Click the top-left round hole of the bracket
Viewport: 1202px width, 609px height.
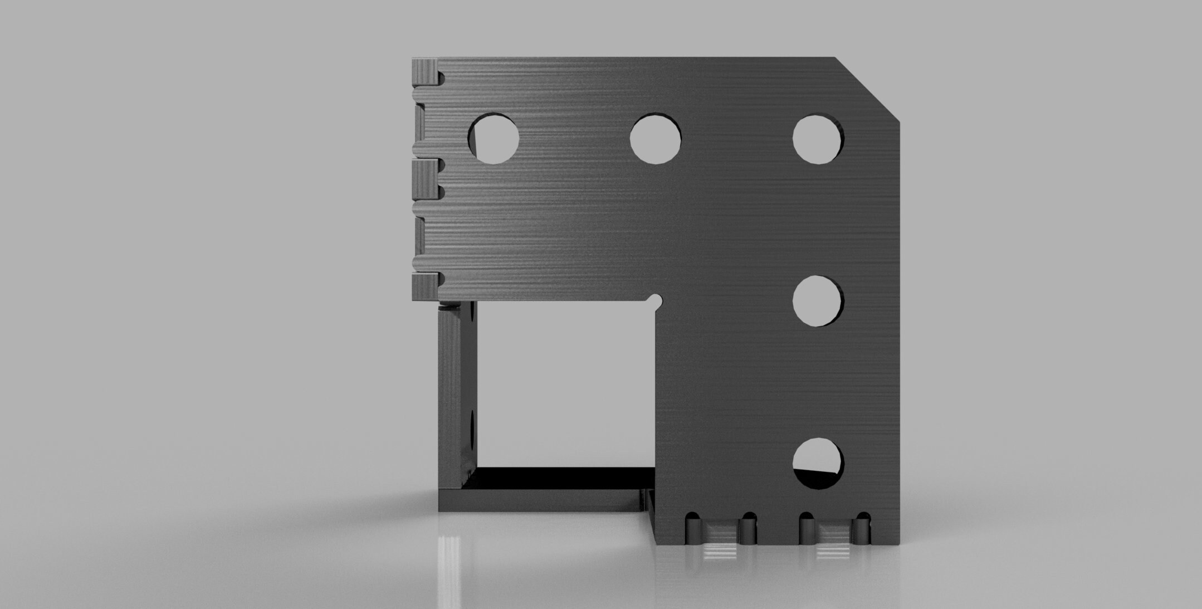coord(494,139)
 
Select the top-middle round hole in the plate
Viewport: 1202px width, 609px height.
coord(656,139)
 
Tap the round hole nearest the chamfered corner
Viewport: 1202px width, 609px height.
coord(818,139)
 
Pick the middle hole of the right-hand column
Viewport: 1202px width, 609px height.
coord(818,301)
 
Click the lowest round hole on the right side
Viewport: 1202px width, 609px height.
coord(818,463)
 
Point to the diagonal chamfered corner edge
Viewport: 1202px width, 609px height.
coord(867,89)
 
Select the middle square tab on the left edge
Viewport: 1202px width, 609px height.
coord(425,179)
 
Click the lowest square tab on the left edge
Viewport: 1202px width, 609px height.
coord(425,287)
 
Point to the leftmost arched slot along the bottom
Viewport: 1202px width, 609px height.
coord(693,527)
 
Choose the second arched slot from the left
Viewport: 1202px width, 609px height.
coord(749,527)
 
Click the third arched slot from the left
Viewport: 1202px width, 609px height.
coord(806,527)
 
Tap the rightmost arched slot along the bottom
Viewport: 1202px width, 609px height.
coord(863,527)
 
